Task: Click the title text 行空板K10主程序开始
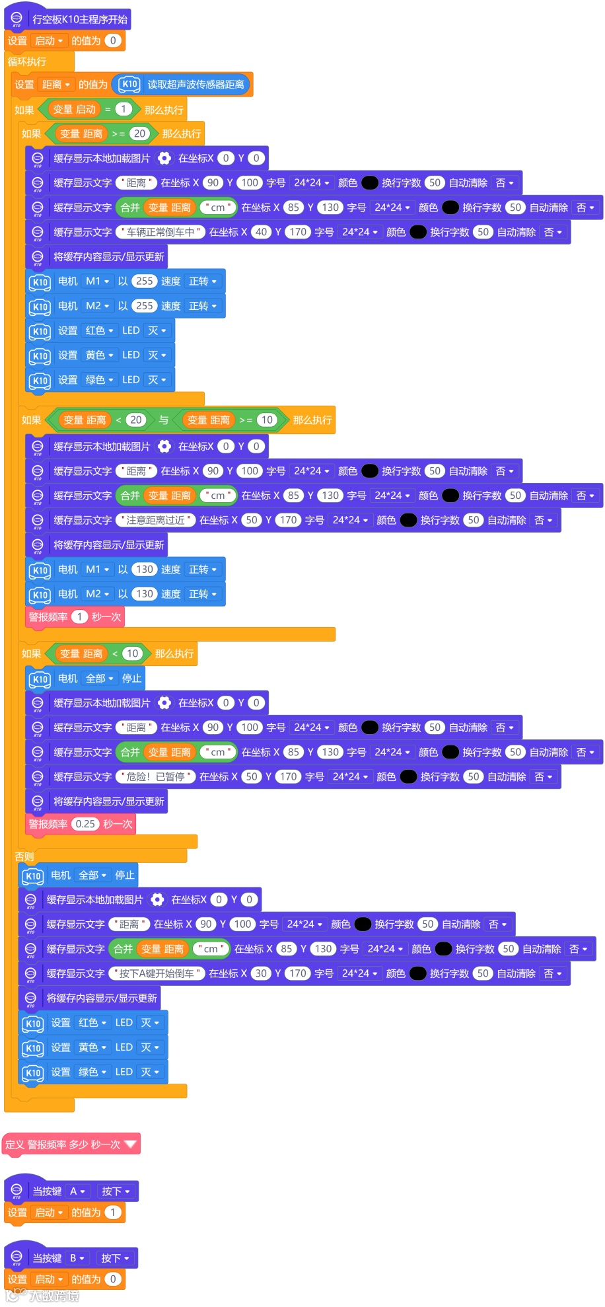80,19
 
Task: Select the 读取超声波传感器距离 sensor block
196,85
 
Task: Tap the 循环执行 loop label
27,62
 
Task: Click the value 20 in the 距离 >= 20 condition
139,133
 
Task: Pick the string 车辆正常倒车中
160,232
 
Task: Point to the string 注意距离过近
156,520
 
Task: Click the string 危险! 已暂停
156,776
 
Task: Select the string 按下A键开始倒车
157,973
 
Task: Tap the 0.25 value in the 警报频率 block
85,824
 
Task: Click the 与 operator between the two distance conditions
164,420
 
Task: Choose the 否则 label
24,856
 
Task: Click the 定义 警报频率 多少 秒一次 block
63,1144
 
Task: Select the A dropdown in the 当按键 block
77,1191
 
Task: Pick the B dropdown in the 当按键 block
77,1258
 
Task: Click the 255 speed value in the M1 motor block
144,281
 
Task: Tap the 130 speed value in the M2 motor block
145,593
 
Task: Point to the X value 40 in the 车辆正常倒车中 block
261,232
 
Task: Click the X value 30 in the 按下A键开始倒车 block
261,973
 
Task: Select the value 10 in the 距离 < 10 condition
132,653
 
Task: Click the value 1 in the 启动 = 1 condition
124,109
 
